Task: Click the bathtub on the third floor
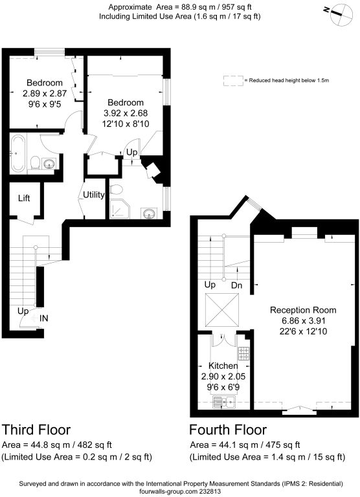tap(17, 153)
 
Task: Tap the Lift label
tap(24, 199)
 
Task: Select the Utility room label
tap(94, 194)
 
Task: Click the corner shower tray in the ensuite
tap(120, 209)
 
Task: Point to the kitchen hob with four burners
tap(243, 354)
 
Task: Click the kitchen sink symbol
tap(224, 403)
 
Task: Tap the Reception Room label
tap(303, 310)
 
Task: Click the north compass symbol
tap(341, 14)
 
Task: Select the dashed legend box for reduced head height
tap(233, 80)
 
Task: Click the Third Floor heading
tap(36, 430)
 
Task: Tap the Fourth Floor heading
tap(228, 430)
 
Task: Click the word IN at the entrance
tap(44, 318)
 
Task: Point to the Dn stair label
tap(236, 285)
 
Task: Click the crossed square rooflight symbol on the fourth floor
tap(222, 310)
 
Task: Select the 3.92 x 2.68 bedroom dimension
tap(126, 113)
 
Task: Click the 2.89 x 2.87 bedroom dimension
tap(45, 93)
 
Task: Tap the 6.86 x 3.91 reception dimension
tap(303, 321)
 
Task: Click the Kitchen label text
tap(223, 366)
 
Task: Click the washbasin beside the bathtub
tap(49, 164)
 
